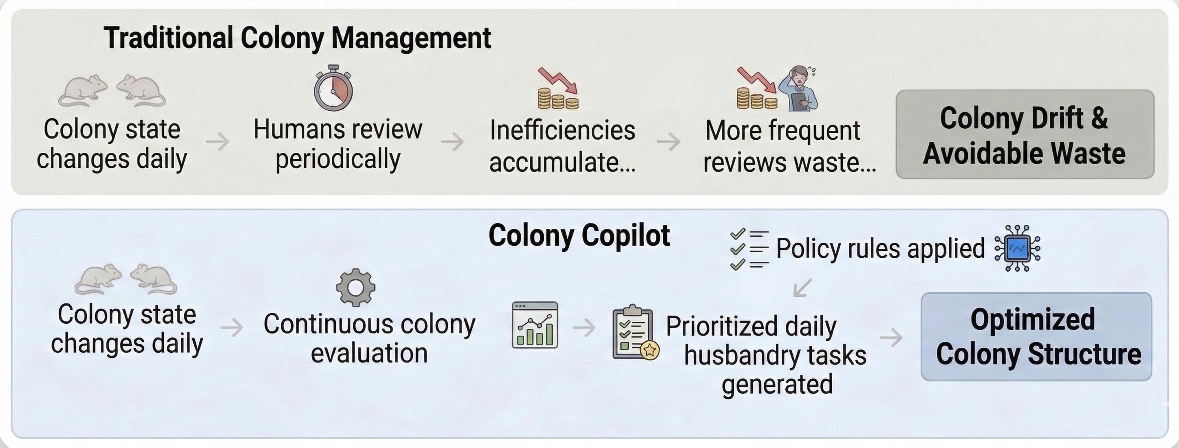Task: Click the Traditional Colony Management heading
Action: [298, 38]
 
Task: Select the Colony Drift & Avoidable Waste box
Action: [1024, 134]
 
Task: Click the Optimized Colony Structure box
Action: [1036, 337]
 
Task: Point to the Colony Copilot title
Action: [579, 236]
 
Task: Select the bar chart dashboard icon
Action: [535, 325]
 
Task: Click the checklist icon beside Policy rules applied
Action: [749, 249]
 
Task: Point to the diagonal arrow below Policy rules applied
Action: [802, 288]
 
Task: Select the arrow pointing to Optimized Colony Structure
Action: [890, 338]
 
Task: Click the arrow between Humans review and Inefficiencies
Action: [452, 141]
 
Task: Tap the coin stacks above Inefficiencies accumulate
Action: [558, 99]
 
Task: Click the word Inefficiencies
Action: [562, 130]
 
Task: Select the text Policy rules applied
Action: [880, 249]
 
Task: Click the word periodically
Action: [338, 159]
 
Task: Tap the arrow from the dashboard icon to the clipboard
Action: [584, 327]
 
